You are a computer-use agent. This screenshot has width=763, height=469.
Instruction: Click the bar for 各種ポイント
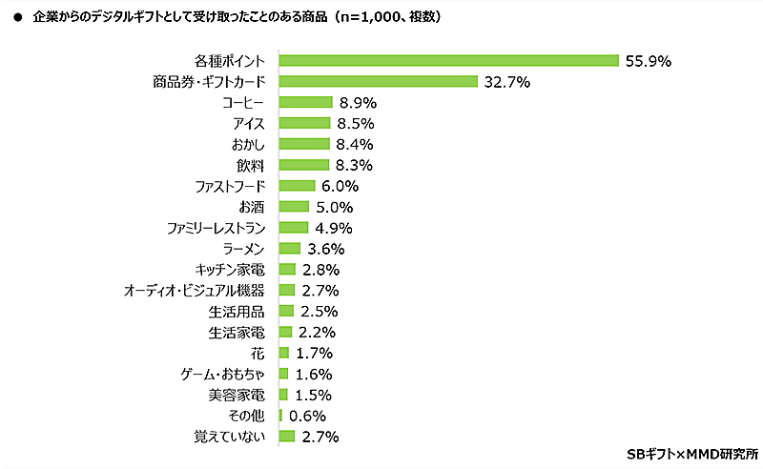(448, 60)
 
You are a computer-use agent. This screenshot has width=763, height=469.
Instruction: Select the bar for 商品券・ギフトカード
(378, 81)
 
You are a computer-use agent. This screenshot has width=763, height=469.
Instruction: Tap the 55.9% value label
(650, 60)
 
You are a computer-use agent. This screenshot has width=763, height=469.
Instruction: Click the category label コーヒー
(243, 102)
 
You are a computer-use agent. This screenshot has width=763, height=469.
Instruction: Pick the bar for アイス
(304, 123)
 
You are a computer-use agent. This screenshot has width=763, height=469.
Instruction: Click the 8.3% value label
(354, 165)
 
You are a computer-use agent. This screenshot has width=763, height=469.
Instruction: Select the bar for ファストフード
(297, 186)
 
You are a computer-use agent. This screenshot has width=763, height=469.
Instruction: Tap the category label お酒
(253, 207)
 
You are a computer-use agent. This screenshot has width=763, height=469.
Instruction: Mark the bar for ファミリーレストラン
(294, 228)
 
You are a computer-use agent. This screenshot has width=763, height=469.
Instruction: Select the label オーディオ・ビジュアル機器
(195, 290)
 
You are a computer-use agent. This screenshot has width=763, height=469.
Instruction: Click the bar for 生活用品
(286, 311)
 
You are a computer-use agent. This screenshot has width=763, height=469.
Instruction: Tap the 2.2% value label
(316, 332)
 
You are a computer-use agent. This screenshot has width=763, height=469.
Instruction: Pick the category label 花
(259, 353)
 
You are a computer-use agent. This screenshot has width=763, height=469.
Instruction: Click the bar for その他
(280, 416)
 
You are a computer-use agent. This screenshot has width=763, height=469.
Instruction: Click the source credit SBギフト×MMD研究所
(692, 453)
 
